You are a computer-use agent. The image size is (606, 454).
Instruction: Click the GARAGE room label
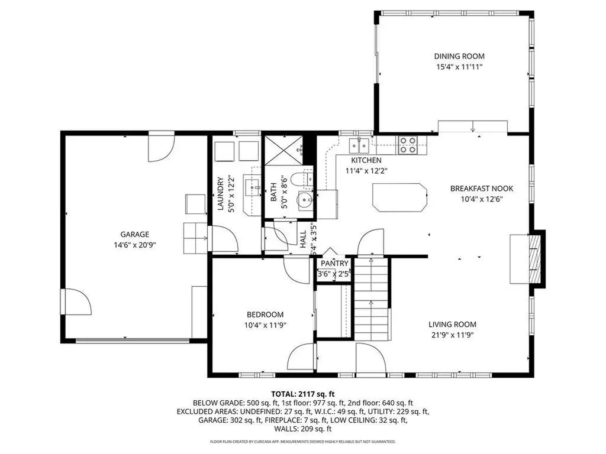click(134, 234)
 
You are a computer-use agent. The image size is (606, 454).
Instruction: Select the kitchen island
click(399, 197)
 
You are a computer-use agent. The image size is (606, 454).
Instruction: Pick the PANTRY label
click(334, 263)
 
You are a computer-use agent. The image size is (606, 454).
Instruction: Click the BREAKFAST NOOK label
click(481, 189)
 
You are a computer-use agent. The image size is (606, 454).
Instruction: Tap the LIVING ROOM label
click(452, 324)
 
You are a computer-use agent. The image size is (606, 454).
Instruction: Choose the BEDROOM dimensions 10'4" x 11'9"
click(265, 325)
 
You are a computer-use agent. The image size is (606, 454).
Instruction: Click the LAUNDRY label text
click(220, 194)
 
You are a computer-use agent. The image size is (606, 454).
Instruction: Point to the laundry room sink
click(254, 188)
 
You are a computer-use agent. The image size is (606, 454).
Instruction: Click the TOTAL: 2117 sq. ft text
click(303, 394)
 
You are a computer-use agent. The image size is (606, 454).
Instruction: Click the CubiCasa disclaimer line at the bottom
click(303, 442)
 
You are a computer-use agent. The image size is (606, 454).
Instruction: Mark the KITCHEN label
click(366, 160)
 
